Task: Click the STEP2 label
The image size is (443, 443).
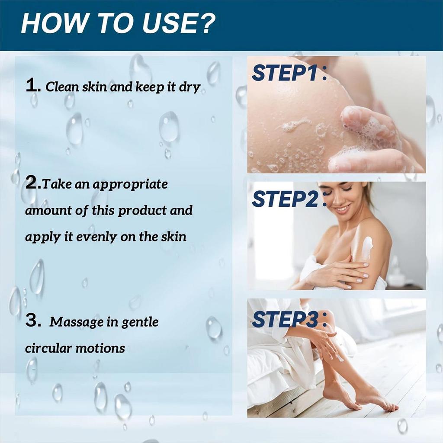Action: [286, 199]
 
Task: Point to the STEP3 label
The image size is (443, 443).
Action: [286, 319]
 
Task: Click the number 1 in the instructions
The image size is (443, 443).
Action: [32, 86]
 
